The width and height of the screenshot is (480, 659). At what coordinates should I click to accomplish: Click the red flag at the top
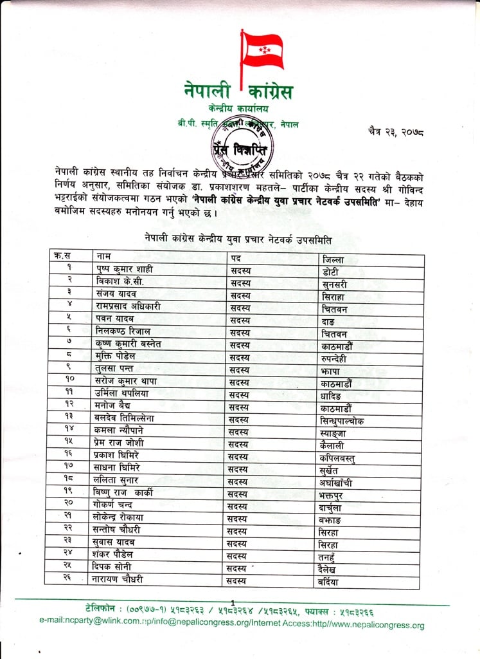pos(260,50)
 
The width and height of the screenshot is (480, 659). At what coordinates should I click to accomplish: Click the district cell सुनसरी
pos(337,283)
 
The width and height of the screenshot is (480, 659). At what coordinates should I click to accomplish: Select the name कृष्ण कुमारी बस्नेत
pos(129,344)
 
